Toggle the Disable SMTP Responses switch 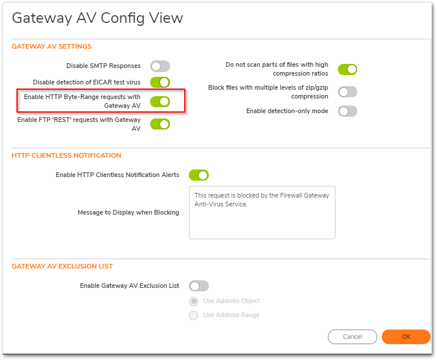pos(160,66)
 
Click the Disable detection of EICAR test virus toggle pos(160,83)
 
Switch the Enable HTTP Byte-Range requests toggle pos(160,101)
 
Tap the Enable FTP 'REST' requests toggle pos(160,124)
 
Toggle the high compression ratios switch pos(347,69)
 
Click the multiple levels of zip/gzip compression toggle pos(347,92)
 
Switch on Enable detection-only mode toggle pos(347,111)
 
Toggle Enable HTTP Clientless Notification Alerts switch pos(199,175)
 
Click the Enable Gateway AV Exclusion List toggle pos(199,286)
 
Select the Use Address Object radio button pos(194,301)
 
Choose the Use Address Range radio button pos(194,315)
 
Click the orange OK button pos(406,337)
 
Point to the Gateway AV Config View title pos(97,18)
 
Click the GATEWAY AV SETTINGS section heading pos(52,46)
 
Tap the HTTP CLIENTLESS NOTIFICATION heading pos(66,155)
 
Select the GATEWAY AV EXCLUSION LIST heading pos(62,266)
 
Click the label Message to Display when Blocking pos(128,213)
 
